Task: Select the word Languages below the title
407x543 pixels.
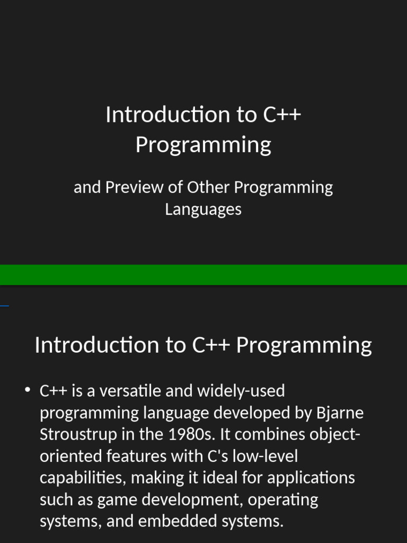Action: pos(203,209)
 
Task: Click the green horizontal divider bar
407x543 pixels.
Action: pos(203,275)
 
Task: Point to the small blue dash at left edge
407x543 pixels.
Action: pos(4,306)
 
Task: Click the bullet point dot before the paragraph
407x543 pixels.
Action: pos(27,391)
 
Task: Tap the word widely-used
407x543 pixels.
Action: pos(241,391)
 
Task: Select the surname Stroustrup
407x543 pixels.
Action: pos(77,435)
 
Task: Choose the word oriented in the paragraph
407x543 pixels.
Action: pos(71,456)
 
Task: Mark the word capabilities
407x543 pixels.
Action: pos(82,478)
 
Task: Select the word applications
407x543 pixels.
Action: pos(311,478)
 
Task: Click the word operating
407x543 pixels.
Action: pos(283,500)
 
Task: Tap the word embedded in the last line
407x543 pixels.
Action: pos(174,522)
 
